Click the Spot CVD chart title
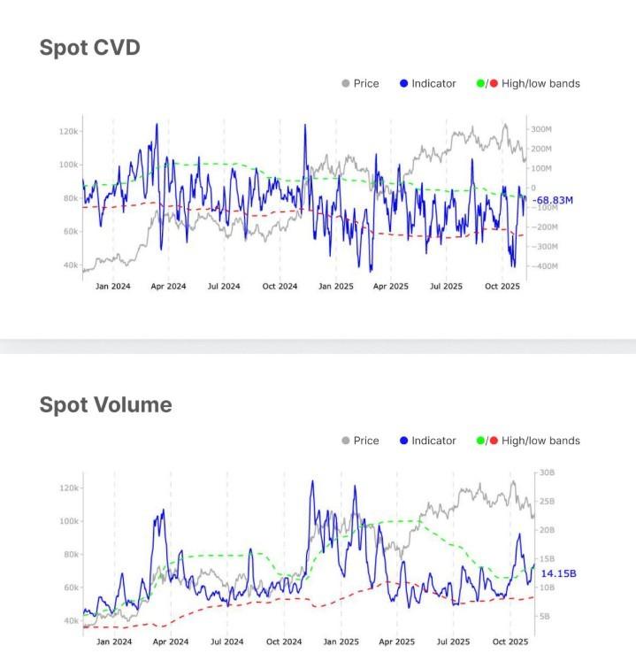click(x=89, y=48)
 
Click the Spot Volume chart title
click(x=105, y=405)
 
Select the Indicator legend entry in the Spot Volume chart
click(x=433, y=441)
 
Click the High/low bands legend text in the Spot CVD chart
click(x=540, y=83)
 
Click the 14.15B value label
click(x=558, y=573)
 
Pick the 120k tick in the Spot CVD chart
click(x=68, y=131)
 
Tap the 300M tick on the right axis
click(x=540, y=129)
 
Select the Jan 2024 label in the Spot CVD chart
click(x=112, y=287)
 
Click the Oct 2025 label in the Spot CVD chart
click(x=503, y=287)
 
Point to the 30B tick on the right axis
click(x=545, y=473)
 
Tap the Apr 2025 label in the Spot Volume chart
click(x=397, y=641)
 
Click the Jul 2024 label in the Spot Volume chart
click(x=228, y=641)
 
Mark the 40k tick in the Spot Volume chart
click(x=68, y=621)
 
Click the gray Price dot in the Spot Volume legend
click(x=346, y=441)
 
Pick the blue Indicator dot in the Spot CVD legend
click(x=403, y=83)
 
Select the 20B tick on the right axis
click(x=545, y=530)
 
